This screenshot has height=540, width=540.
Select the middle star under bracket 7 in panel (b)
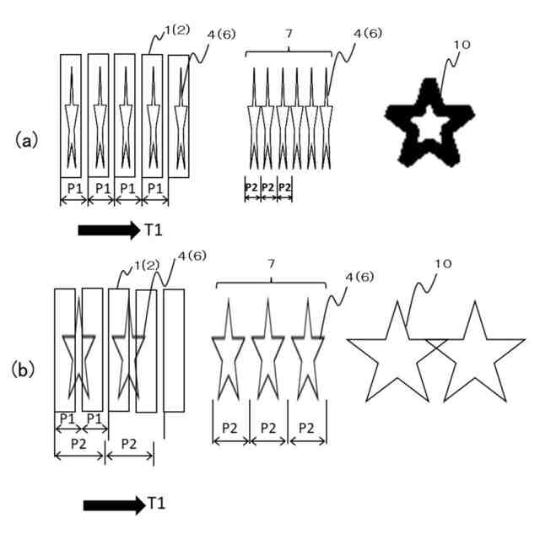point(267,350)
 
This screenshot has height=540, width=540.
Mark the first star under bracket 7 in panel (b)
point(228,350)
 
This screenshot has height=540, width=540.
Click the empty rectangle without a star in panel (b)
point(175,349)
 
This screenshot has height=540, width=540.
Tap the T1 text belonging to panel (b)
point(157,504)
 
